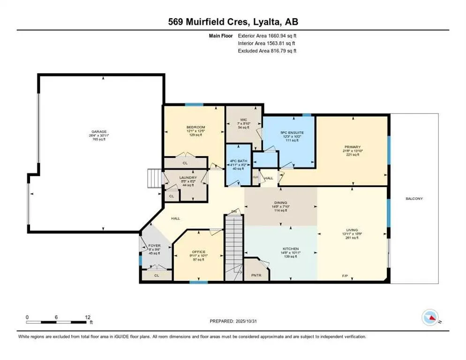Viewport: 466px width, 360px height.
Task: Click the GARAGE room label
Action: click(98, 132)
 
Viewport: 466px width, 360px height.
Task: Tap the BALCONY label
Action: click(414, 199)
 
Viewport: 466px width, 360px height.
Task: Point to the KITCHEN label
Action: click(290, 248)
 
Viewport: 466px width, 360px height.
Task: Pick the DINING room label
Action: click(280, 203)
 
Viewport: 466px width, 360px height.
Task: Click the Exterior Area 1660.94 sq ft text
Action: click(267, 35)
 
